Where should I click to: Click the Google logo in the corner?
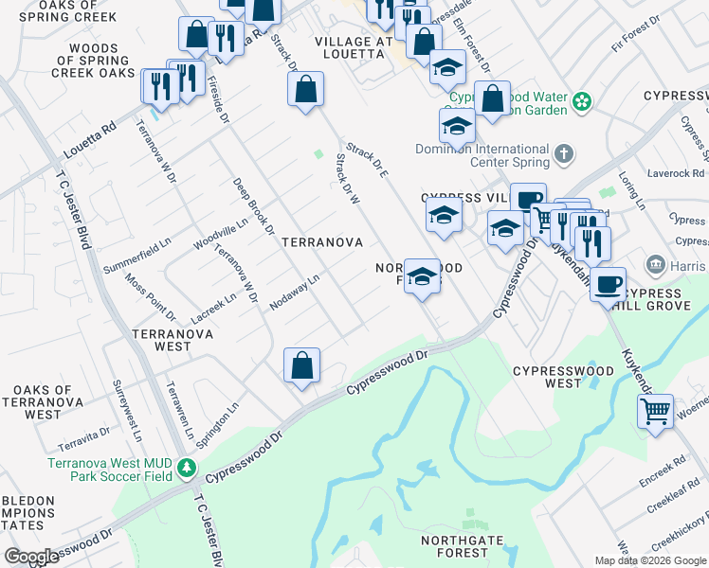coord(31,557)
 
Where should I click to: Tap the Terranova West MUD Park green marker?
coord(188,468)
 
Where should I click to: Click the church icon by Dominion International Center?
coord(563,153)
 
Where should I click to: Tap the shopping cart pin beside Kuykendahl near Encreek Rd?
coord(655,412)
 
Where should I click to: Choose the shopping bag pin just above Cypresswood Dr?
coord(301,365)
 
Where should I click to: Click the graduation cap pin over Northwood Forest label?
coord(423,277)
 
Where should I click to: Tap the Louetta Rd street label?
coord(88,139)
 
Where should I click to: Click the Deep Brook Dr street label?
coord(253,206)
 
